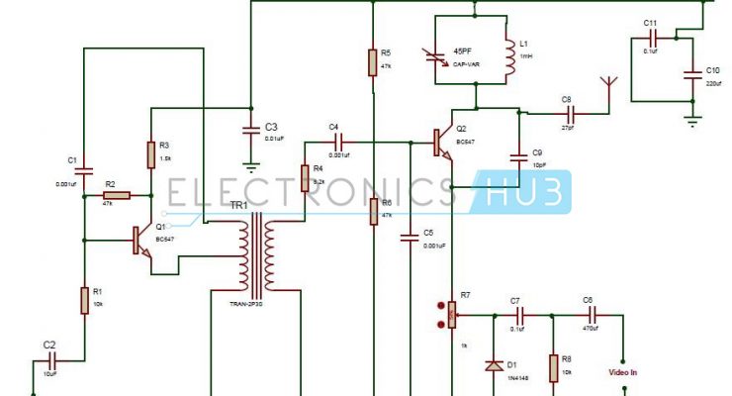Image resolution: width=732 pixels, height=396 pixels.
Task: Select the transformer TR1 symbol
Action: [x=259, y=253]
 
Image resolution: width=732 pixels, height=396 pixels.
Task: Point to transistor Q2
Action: [x=442, y=141]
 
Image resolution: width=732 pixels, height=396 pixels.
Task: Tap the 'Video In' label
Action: [x=621, y=373]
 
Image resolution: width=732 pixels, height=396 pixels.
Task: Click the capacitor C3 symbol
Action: [x=251, y=129]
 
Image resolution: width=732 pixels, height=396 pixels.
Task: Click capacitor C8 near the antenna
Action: [x=567, y=113]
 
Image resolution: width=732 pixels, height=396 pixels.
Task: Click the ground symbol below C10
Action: [x=693, y=120]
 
